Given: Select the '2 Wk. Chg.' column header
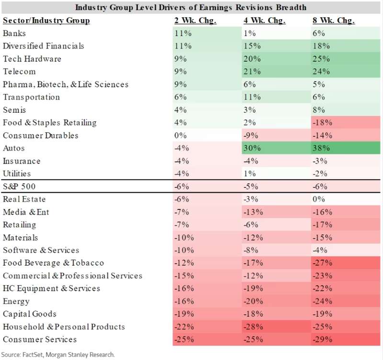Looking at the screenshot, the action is point(195,20).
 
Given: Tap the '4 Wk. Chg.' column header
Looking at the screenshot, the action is point(265,20).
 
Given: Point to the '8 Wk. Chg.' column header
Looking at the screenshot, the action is point(334,20).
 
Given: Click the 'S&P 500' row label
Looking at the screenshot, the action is point(19,186).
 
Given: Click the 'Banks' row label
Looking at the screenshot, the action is point(14,33).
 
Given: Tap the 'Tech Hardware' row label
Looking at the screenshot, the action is point(32,58).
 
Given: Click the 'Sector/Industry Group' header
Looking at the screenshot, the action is point(46,20).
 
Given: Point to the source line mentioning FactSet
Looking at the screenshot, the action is point(58,354).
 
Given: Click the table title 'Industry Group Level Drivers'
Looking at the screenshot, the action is point(191,7).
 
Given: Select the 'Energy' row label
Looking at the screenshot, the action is point(16,302).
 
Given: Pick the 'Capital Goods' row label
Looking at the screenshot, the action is point(30,314).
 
